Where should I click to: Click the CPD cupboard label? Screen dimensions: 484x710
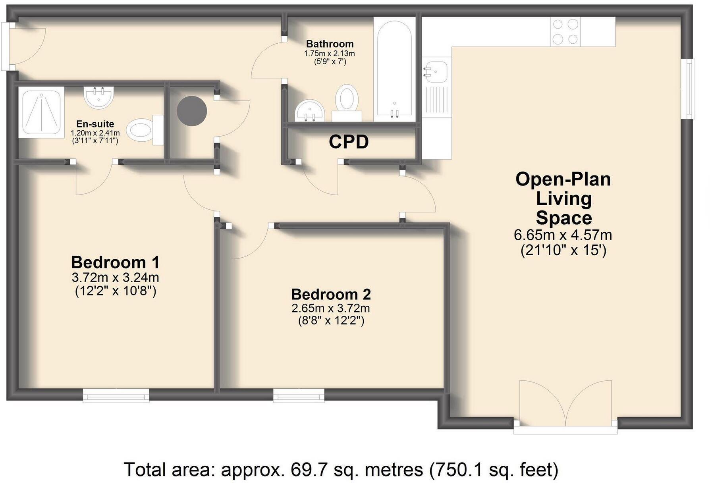point(349,142)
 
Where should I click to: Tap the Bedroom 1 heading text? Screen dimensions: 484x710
point(115,262)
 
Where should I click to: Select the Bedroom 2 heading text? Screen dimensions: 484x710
point(331,294)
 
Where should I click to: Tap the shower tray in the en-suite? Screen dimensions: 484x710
point(41,112)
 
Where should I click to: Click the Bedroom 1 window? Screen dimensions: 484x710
point(116,395)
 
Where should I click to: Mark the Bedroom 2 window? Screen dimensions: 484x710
point(298,395)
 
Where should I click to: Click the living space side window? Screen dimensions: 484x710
point(689,88)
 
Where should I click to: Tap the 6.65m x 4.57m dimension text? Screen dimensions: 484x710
point(563,235)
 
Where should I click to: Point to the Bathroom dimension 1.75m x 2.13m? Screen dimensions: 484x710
point(329,53)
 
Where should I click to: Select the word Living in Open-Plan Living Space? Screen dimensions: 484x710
point(563,199)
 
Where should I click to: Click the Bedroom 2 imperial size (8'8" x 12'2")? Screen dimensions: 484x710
point(331,320)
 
